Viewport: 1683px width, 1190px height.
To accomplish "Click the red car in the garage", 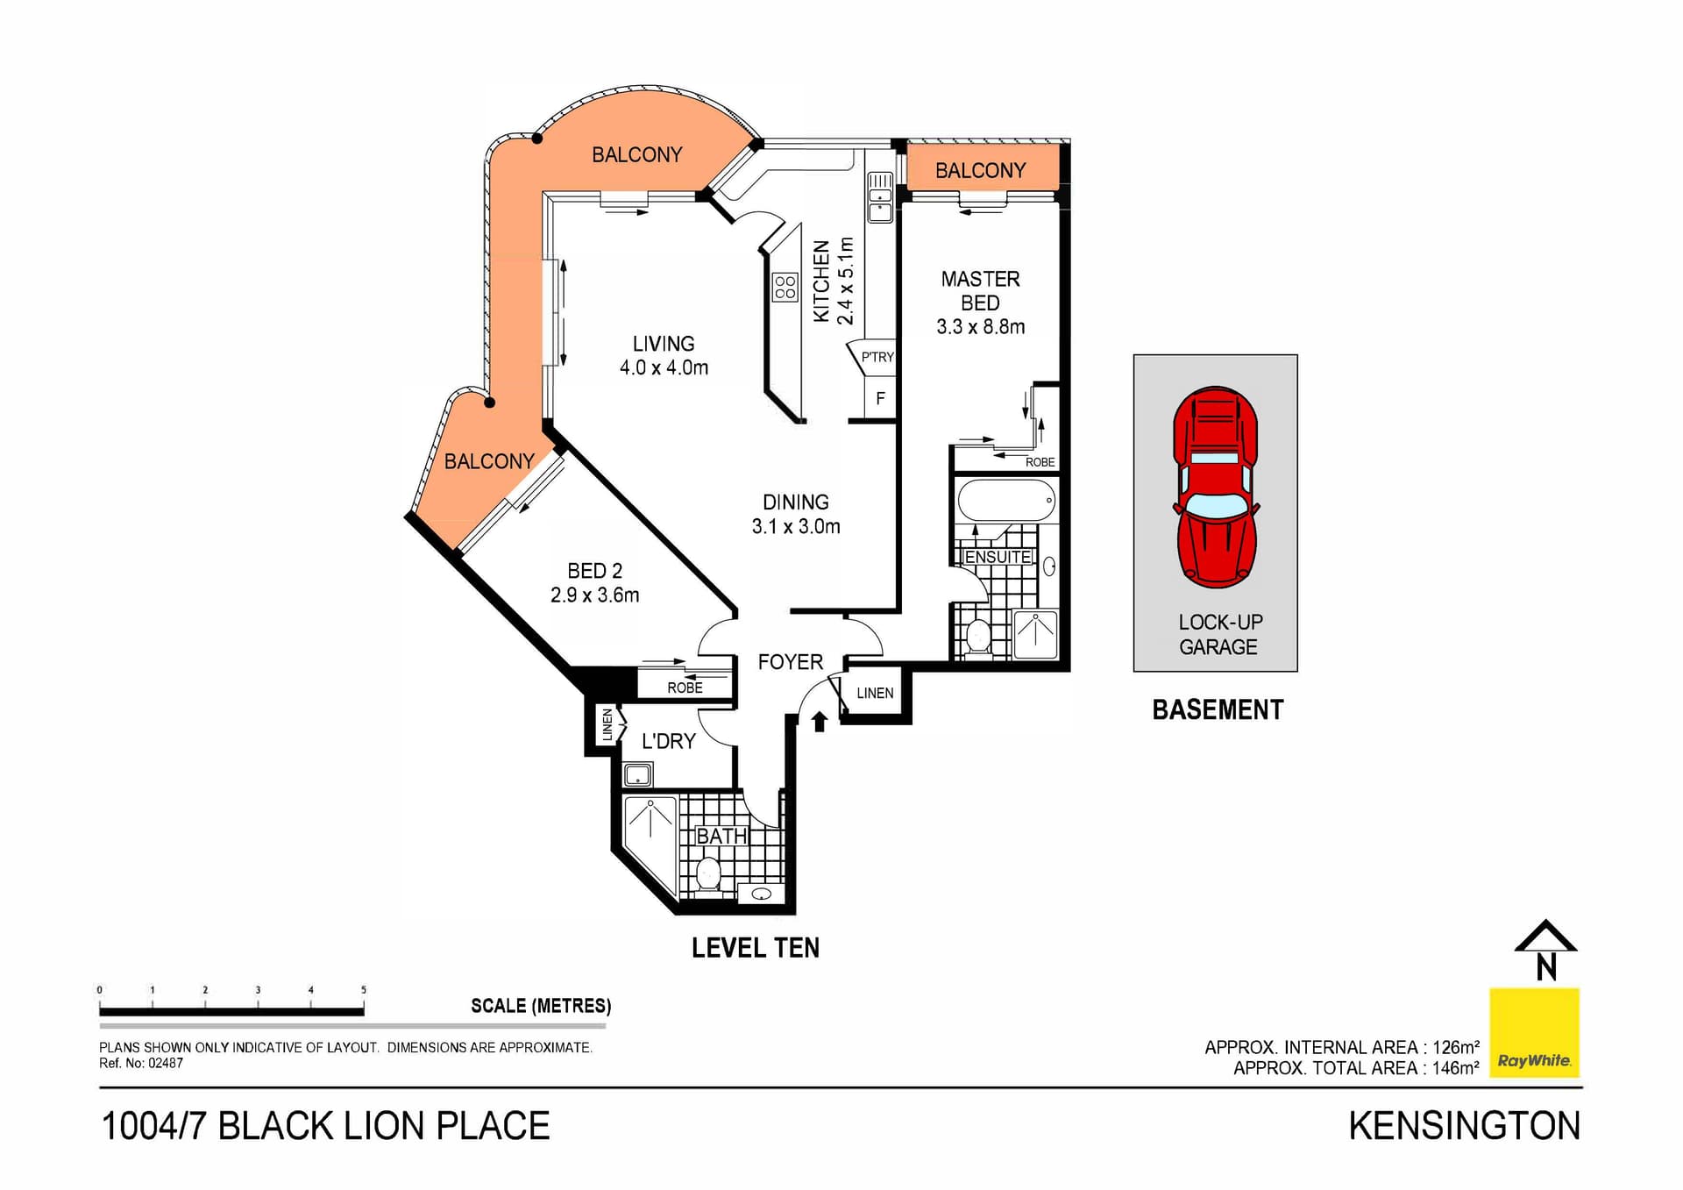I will pyautogui.click(x=1216, y=488).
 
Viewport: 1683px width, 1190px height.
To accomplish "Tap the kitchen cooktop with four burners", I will pyautogui.click(x=785, y=287).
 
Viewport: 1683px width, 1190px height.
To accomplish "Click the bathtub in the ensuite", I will pyautogui.click(x=1005, y=502).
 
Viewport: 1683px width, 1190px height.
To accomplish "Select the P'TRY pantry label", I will pyautogui.click(x=877, y=357).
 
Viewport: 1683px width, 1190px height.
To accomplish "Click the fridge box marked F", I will pyautogui.click(x=880, y=398).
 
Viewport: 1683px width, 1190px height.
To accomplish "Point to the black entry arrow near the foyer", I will pyautogui.click(x=819, y=722).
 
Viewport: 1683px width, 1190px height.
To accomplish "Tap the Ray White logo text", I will pyautogui.click(x=1533, y=1060).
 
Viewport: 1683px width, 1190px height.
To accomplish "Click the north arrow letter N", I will pyautogui.click(x=1546, y=967).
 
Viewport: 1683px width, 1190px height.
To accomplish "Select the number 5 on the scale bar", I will pyautogui.click(x=363, y=990).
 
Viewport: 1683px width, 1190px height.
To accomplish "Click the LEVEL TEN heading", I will pyautogui.click(x=755, y=948).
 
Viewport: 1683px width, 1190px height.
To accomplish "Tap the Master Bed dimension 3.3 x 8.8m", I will pyautogui.click(x=980, y=327).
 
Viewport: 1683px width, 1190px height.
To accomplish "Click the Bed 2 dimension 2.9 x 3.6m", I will pyautogui.click(x=594, y=595).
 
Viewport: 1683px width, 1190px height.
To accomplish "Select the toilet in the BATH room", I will pyautogui.click(x=707, y=873).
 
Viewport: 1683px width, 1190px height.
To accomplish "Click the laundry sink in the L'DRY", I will pyautogui.click(x=637, y=774).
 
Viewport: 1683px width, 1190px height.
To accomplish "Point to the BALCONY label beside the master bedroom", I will pyautogui.click(x=980, y=170).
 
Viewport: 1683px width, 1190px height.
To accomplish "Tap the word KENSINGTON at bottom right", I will pyautogui.click(x=1464, y=1127).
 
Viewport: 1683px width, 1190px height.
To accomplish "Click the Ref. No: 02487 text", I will pyautogui.click(x=141, y=1063).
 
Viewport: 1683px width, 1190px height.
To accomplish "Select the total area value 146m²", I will pyautogui.click(x=1455, y=1068).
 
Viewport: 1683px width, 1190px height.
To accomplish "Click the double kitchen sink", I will pyautogui.click(x=880, y=197).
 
